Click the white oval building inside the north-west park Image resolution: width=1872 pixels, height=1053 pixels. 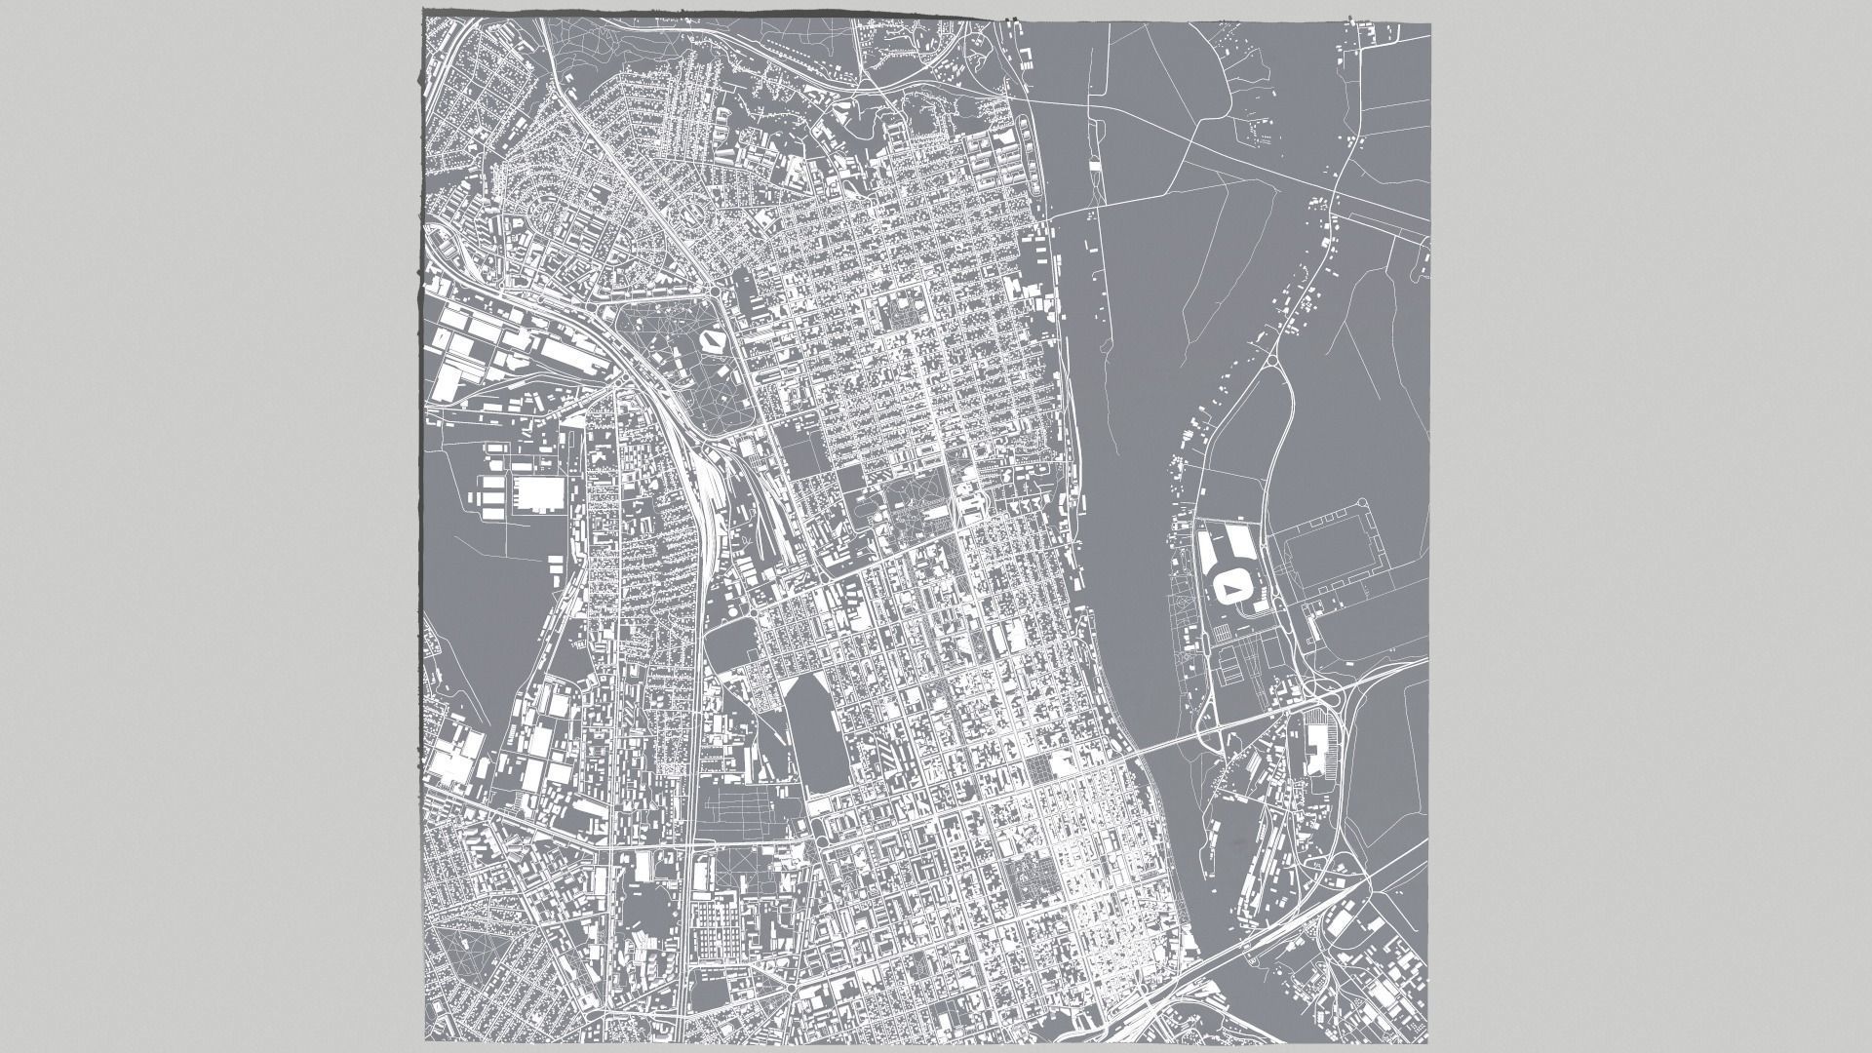pyautogui.click(x=711, y=340)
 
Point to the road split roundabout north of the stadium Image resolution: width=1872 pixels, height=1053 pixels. pyautogui.click(x=1275, y=360)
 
